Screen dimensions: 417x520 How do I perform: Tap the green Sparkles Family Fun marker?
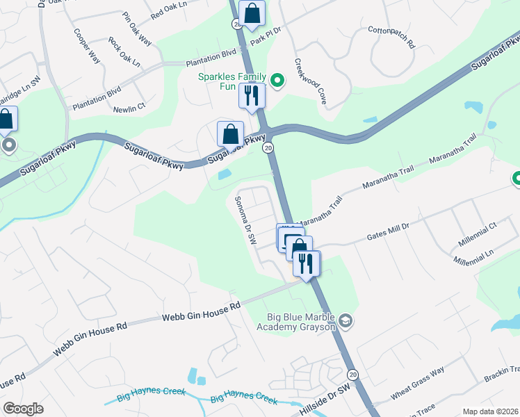pyautogui.click(x=277, y=81)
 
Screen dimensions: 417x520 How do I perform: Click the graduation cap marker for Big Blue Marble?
pyautogui.click(x=346, y=321)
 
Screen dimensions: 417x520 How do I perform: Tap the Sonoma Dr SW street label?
pyautogui.click(x=243, y=218)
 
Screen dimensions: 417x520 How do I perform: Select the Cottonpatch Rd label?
pyautogui.click(x=391, y=38)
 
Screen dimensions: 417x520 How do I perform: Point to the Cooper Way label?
pyautogui.click(x=88, y=45)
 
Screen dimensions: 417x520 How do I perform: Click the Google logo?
pyautogui.click(x=23, y=409)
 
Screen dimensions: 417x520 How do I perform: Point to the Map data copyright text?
pyautogui.click(x=489, y=411)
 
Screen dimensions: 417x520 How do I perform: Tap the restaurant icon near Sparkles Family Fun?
pyautogui.click(x=252, y=95)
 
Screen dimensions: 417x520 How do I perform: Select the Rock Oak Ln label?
pyautogui.click(x=124, y=52)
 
